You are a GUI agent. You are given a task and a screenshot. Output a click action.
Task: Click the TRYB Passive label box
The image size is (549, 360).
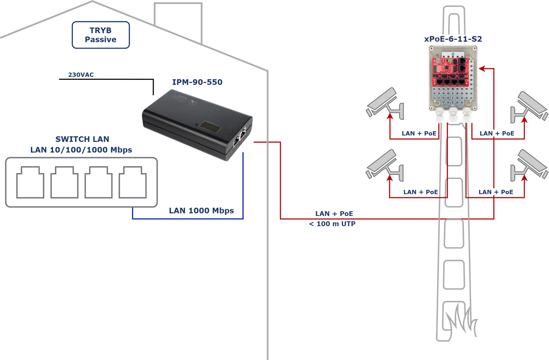tap(101, 35)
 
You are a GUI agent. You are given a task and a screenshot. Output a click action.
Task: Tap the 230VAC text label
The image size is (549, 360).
tap(81, 75)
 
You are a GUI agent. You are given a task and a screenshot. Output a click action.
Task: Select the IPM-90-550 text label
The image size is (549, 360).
tap(197, 82)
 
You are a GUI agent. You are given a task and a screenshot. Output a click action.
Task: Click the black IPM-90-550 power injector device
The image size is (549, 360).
tap(196, 123)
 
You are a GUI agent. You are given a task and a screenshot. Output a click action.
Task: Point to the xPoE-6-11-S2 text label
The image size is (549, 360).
tap(453, 39)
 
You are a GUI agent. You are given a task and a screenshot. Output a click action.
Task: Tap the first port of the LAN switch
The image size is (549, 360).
tap(30, 182)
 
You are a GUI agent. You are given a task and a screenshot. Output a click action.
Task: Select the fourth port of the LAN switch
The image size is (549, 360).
tap(132, 182)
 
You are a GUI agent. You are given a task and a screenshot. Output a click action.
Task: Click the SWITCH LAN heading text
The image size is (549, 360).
tap(82, 139)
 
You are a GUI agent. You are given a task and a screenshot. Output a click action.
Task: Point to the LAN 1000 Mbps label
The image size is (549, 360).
tap(201, 211)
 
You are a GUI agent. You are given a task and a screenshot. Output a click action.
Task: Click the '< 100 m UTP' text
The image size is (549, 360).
tap(332, 224)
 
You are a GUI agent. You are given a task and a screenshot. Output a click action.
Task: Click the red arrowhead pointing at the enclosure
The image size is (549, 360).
tap(482, 69)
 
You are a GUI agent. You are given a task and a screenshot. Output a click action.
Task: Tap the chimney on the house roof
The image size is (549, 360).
tap(178, 21)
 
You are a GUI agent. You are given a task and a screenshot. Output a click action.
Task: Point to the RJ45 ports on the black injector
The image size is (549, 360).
tap(240, 137)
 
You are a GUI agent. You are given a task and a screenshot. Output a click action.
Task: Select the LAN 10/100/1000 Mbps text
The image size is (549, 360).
tap(81, 150)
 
